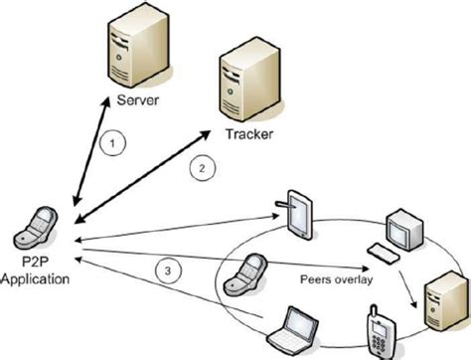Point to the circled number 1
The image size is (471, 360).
[x=114, y=143]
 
